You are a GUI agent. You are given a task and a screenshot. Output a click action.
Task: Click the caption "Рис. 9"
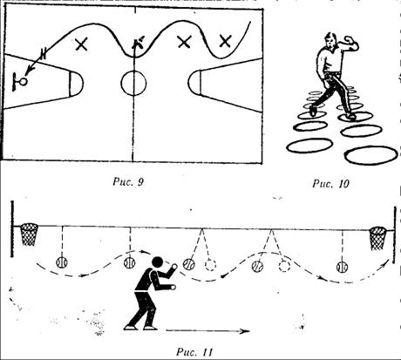pyautogui.click(x=128, y=182)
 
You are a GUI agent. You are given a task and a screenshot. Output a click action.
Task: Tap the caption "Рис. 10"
pyautogui.click(x=330, y=183)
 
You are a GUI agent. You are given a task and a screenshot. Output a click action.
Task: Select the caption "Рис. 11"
pyautogui.click(x=194, y=352)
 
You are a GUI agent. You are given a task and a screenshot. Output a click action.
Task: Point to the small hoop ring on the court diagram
pyautogui.click(x=23, y=81)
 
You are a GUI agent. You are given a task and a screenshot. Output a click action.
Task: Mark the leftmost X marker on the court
pyautogui.click(x=81, y=44)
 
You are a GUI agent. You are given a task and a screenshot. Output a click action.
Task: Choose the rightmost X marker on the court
pyautogui.click(x=225, y=41)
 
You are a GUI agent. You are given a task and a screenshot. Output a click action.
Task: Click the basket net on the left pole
pyautogui.click(x=29, y=234)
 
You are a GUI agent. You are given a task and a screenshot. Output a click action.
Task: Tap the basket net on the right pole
pyautogui.click(x=377, y=239)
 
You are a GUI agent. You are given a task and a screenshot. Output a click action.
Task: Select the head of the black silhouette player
pyautogui.click(x=158, y=262)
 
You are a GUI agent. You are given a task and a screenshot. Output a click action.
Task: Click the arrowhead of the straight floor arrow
pyautogui.click(x=246, y=331)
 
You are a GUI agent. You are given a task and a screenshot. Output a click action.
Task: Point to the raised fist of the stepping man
pyautogui.click(x=347, y=38)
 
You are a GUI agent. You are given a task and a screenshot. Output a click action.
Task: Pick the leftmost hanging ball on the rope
pyautogui.click(x=62, y=262)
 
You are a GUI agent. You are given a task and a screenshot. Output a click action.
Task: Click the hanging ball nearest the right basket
pyautogui.click(x=342, y=267)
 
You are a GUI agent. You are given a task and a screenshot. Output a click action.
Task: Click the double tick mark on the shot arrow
pyautogui.click(x=44, y=54)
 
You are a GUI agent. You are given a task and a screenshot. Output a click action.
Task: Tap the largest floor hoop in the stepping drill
pyautogui.click(x=371, y=155)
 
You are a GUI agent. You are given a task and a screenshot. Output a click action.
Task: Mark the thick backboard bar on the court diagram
pyautogui.click(x=14, y=82)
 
